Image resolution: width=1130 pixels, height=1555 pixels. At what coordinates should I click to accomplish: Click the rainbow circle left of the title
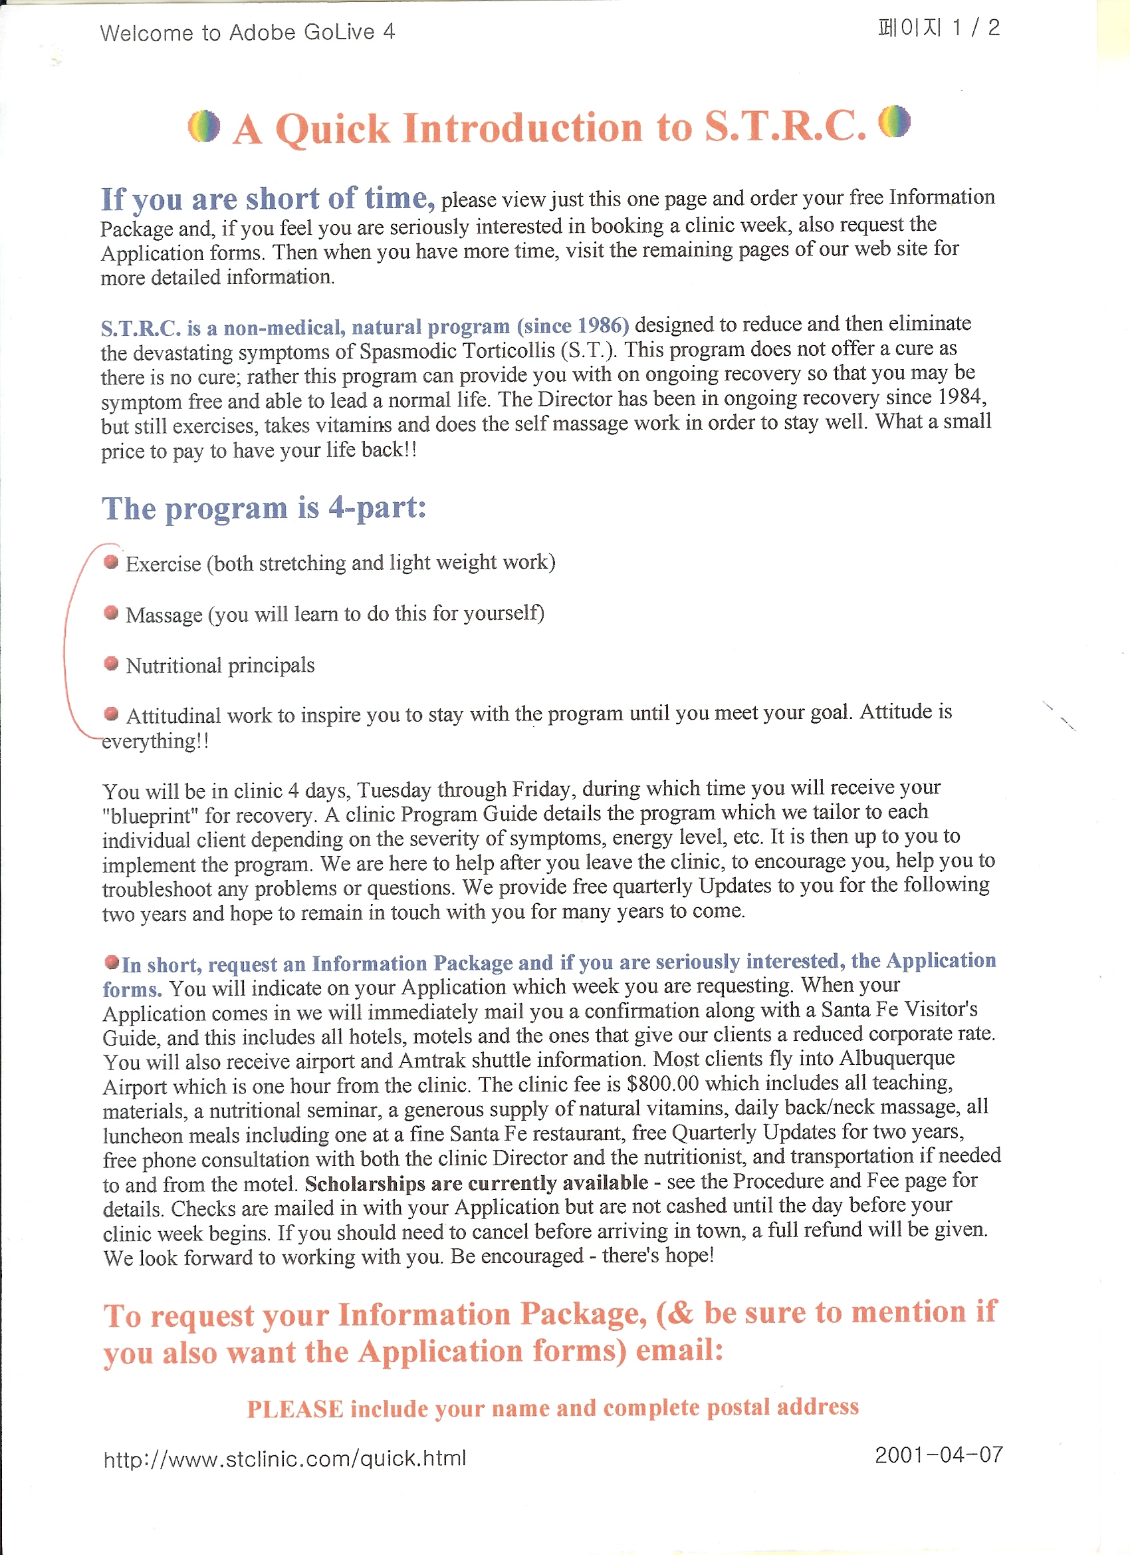203,126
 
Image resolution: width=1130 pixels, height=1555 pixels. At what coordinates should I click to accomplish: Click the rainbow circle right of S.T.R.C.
894,121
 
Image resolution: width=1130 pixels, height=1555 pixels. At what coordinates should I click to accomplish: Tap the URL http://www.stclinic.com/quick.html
284,1458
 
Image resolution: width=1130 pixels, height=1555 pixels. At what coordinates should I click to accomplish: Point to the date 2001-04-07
938,1454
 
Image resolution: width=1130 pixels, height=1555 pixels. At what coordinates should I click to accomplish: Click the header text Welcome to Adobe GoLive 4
247,32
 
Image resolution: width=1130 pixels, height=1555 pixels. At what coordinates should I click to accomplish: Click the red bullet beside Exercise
111,562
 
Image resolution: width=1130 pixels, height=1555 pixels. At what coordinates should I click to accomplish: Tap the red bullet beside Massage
111,613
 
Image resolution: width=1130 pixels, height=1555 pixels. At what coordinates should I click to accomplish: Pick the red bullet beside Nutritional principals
111,663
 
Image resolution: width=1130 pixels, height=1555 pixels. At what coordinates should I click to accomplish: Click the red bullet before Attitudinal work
111,714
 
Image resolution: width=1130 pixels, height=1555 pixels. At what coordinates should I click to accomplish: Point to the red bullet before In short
111,962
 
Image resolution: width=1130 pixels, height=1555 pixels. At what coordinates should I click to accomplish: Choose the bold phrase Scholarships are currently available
476,1183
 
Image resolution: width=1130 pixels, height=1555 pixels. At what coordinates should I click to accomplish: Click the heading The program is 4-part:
264,508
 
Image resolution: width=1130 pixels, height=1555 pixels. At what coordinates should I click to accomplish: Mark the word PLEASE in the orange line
294,1409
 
